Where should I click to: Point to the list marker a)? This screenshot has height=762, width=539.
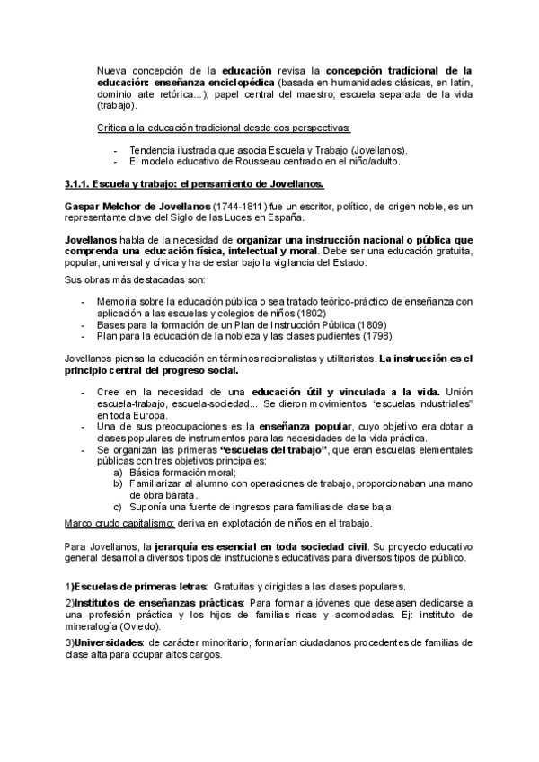118,472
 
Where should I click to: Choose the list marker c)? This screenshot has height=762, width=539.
118,506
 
